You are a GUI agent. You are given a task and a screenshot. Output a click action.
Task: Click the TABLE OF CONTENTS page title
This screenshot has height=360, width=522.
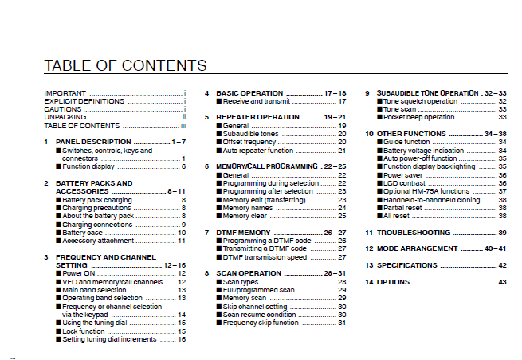pyautogui.click(x=125, y=65)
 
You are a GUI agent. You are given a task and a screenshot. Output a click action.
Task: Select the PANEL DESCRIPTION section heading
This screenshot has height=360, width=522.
pyautogui.click(x=93, y=142)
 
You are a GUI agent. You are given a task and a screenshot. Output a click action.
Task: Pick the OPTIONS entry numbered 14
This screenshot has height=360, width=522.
pyautogui.click(x=394, y=282)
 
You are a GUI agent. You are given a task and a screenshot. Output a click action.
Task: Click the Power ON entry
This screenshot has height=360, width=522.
pyautogui.click(x=80, y=273)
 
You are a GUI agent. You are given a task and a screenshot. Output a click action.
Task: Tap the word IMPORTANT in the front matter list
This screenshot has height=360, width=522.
pyautogui.click(x=65, y=93)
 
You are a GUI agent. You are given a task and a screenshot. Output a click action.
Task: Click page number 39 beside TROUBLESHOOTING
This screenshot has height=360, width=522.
pyautogui.click(x=503, y=233)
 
